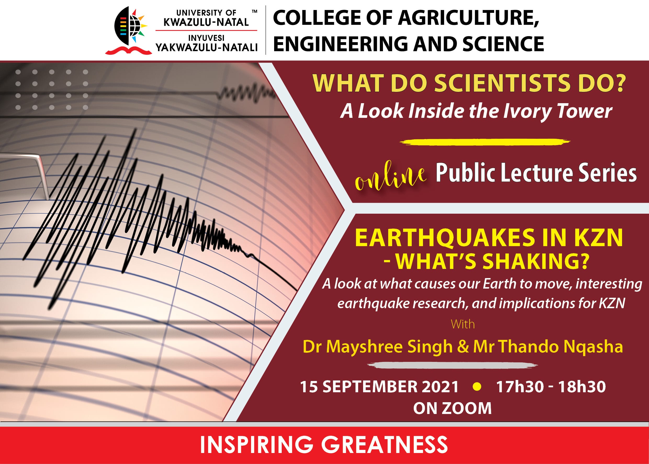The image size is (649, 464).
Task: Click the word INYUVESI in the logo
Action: (206, 38)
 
